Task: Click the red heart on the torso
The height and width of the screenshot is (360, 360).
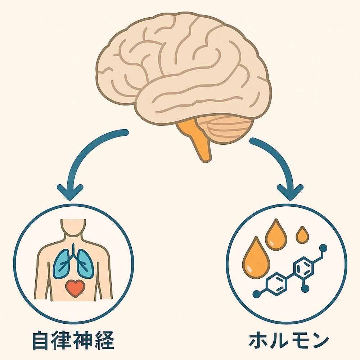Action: [75, 288]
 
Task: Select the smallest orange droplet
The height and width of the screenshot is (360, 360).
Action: [302, 235]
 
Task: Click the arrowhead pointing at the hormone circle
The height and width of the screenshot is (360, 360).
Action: [290, 193]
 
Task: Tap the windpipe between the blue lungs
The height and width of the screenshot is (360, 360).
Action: [73, 252]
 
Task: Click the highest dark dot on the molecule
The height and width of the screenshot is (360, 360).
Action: [323, 247]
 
